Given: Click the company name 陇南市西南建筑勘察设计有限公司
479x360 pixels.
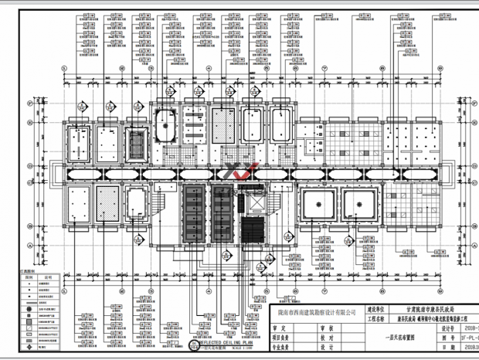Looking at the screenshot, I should pos(311,311).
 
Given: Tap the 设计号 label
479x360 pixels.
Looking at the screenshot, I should pos(447,328).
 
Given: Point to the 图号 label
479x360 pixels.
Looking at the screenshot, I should pos(447,338).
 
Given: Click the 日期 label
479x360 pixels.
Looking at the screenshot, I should pos(447,348).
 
